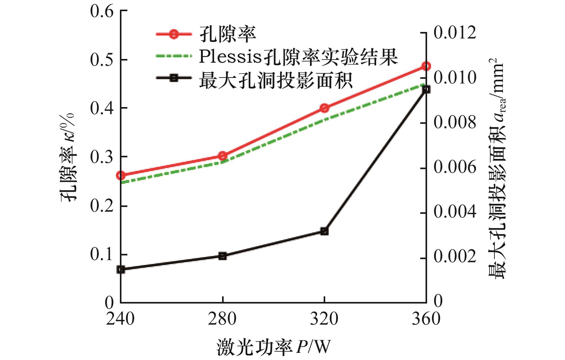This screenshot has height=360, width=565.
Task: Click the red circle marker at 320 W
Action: tap(324, 108)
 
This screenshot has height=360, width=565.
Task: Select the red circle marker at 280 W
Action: tap(222, 156)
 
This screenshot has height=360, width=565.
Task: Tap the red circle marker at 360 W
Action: tap(426, 66)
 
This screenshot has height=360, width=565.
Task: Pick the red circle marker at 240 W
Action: tap(121, 176)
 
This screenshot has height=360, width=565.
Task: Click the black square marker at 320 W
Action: tap(324, 231)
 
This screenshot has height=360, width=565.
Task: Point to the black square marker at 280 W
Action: tap(222, 256)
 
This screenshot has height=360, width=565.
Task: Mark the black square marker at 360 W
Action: tap(426, 89)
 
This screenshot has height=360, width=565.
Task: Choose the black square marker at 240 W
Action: tap(121, 269)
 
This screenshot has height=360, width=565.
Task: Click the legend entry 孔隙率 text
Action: tap(227, 34)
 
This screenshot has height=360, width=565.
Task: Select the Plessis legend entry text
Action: tap(298, 57)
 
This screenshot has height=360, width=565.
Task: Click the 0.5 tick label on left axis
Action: tap(101, 60)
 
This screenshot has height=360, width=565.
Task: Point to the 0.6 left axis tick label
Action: tap(101, 12)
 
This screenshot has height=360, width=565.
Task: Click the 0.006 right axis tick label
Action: tap(454, 168)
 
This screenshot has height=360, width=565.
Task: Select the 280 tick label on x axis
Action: tap(222, 319)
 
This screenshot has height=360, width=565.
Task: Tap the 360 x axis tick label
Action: tap(426, 319)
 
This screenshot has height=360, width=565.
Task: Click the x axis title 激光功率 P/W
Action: tap(273, 347)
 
